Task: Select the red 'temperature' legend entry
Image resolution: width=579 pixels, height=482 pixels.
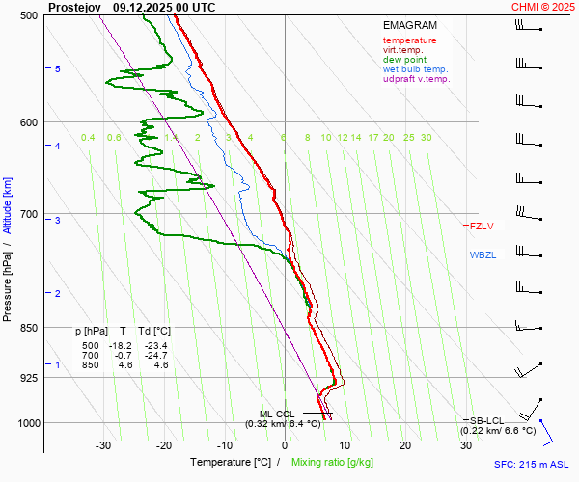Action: [409, 40]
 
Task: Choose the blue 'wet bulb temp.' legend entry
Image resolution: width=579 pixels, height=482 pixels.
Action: [415, 69]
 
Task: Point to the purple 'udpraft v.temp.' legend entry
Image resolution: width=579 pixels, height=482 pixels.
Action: [417, 79]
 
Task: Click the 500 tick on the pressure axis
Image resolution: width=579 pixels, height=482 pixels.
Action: [29, 16]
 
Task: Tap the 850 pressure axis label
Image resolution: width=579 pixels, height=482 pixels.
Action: [29, 328]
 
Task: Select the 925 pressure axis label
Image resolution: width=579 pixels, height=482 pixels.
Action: [29, 378]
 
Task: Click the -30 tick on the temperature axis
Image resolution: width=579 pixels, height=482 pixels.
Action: [104, 445]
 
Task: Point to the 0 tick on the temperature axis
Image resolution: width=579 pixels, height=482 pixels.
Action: [285, 445]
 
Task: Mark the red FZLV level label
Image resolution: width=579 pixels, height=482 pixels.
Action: [482, 227]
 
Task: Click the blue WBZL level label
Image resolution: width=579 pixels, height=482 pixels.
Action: [482, 255]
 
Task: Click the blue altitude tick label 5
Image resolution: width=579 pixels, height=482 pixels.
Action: [58, 69]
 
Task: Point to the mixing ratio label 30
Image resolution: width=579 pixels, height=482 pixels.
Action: [426, 138]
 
